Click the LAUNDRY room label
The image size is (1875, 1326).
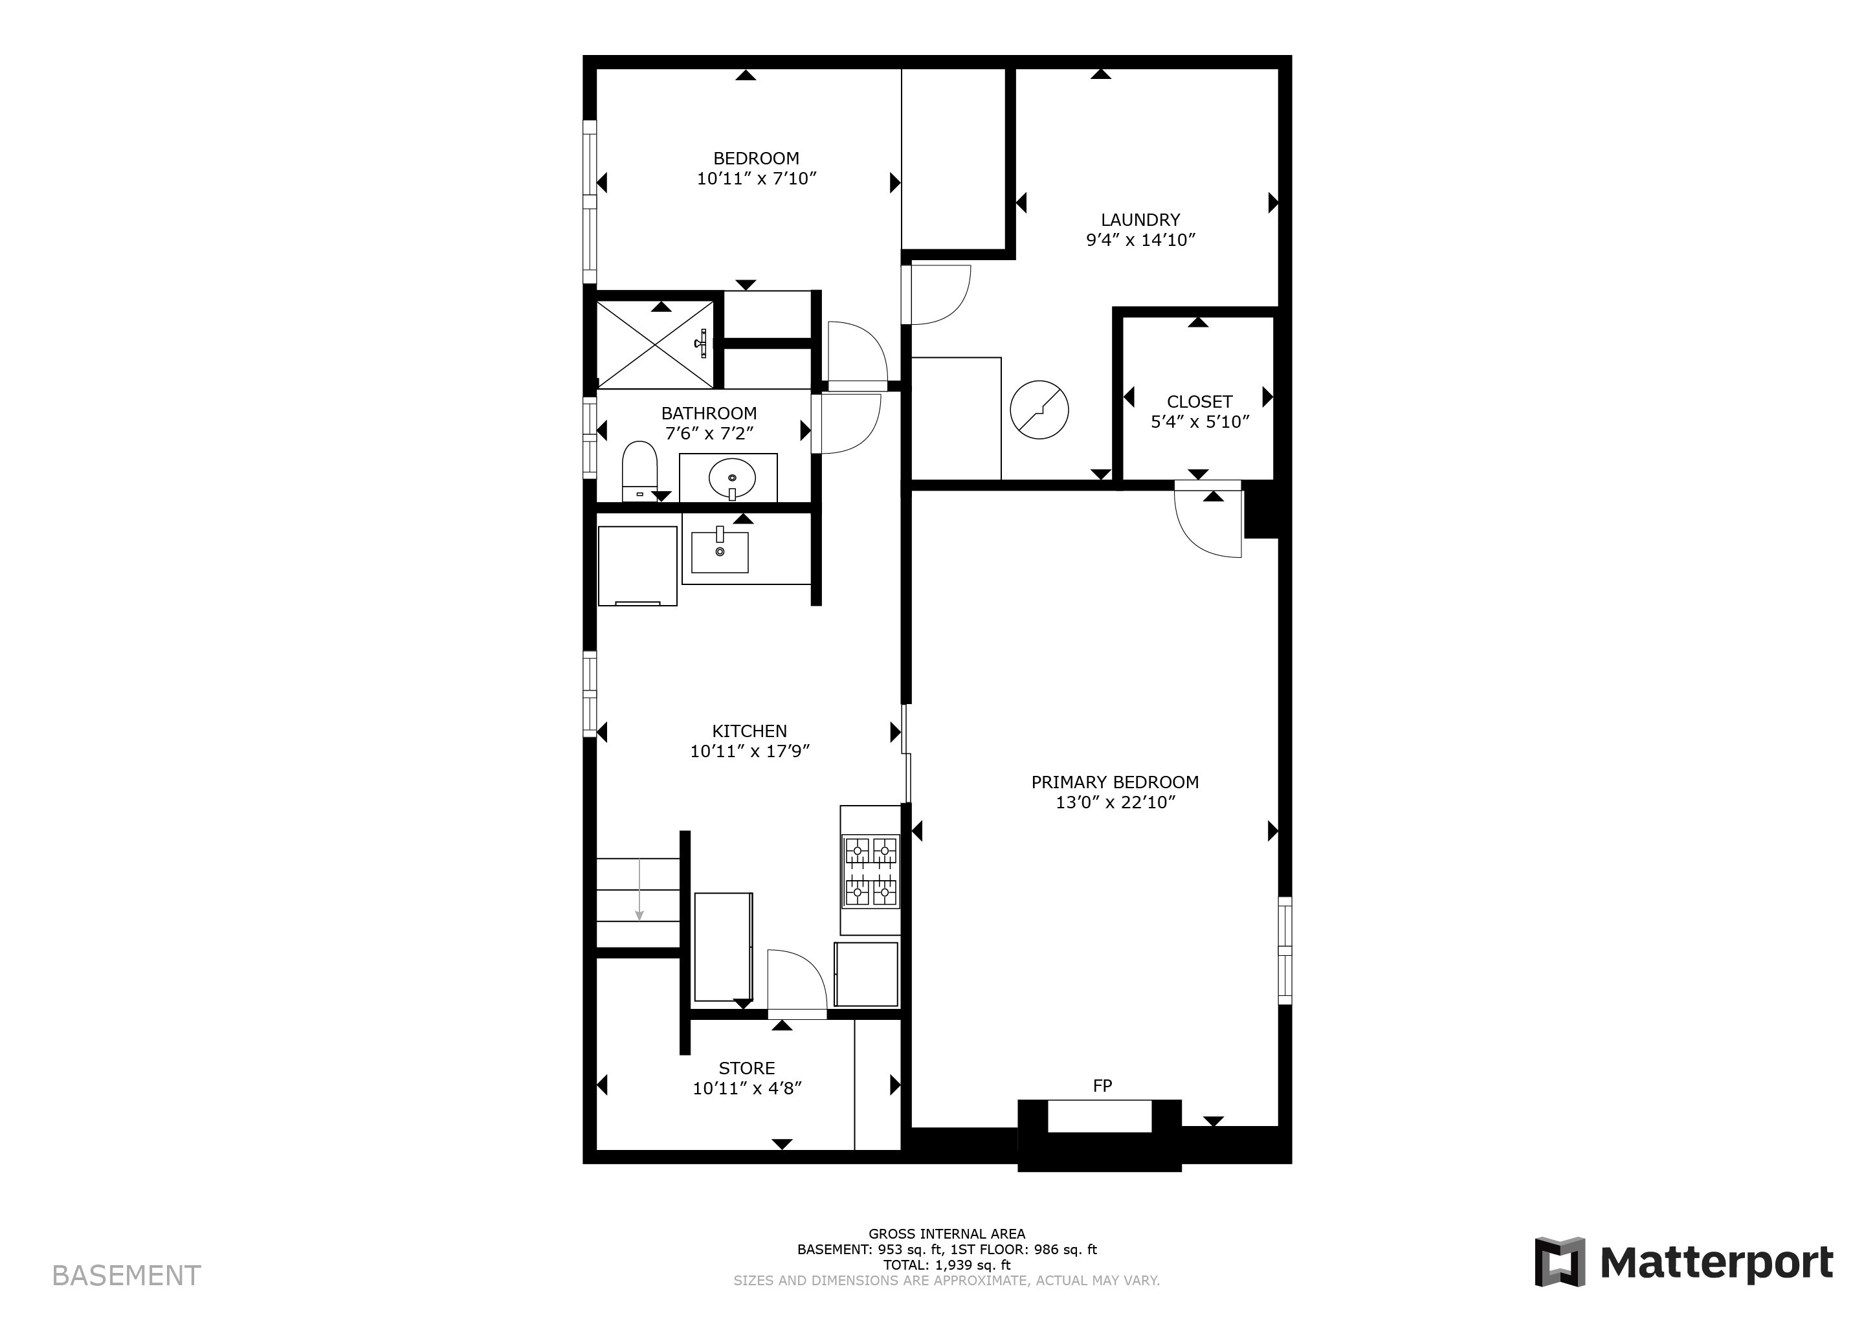tap(1140, 219)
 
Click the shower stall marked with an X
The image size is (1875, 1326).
tap(656, 344)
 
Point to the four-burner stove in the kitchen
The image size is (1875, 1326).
tap(871, 871)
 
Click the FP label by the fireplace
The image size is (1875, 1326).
tap(1102, 1086)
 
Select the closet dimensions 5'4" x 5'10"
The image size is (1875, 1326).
tap(1200, 422)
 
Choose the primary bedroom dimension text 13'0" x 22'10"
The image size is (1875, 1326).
tap(1115, 802)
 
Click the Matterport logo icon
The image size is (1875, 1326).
tap(1560, 1261)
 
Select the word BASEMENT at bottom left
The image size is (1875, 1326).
tap(127, 1276)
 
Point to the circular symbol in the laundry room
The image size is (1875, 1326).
tap(1039, 410)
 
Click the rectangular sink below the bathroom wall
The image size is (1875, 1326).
tap(720, 551)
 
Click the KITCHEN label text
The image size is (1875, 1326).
tap(749, 731)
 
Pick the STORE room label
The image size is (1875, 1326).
tap(746, 1068)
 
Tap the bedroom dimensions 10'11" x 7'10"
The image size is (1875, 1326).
tap(756, 179)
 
